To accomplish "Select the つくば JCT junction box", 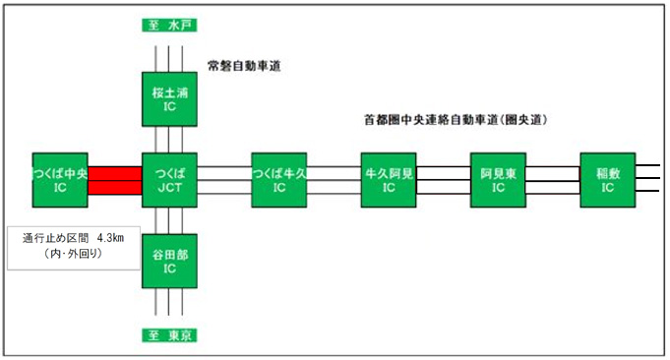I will [x=170, y=180].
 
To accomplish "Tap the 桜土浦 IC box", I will [x=170, y=98].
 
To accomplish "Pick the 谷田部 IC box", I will [x=170, y=261].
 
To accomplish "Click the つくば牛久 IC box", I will [x=280, y=180].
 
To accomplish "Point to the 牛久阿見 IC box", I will [x=390, y=180].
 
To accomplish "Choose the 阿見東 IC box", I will [x=499, y=180].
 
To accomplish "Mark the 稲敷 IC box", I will [x=608, y=180].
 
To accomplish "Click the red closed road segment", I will [x=115, y=180].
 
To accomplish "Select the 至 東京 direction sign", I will [x=170, y=336].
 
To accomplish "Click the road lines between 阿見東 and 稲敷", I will [x=554, y=180].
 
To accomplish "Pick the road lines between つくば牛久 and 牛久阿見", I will [x=335, y=180].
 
